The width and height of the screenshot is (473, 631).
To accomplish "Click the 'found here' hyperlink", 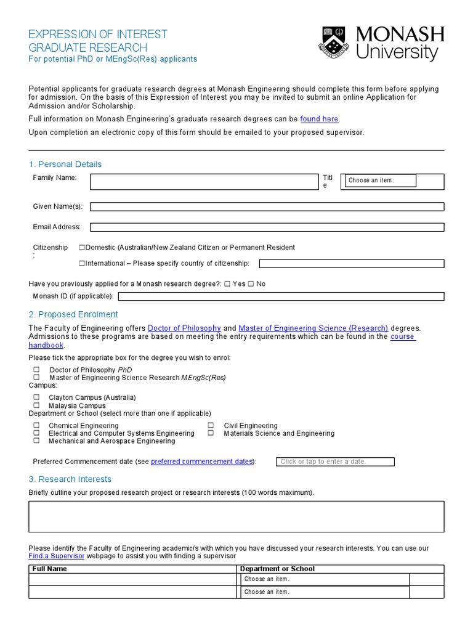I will pos(319,119).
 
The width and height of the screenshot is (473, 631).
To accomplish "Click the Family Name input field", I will pos(203,182).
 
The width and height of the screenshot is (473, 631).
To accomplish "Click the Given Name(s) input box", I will pos(267,206).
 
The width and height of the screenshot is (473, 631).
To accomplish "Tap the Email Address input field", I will pos(267,227).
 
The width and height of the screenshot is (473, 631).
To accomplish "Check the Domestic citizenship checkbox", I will pos(82,248).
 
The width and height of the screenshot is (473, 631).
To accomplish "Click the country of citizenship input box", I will pos(351,264).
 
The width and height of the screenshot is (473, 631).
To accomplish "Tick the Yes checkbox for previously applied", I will pos(228,284).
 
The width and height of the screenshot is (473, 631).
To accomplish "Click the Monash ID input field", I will pos(280,296).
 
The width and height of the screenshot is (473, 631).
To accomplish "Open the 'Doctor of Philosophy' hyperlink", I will pos(184,328).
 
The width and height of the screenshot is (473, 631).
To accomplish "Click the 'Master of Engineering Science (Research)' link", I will pos(313,328).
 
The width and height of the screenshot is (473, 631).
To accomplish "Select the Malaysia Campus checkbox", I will pos(36,406).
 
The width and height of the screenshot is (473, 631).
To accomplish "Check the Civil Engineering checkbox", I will pos(211,426).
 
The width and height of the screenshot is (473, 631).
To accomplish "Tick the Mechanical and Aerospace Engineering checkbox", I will pos(36,441).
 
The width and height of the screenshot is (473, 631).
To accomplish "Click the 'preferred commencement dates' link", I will pos(201,462).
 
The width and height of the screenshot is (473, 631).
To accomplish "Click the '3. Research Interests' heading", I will pos(70,479).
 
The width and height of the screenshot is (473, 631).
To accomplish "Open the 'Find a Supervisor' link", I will pos(56,556).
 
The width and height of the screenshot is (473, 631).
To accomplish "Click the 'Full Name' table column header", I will pos(50,569).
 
